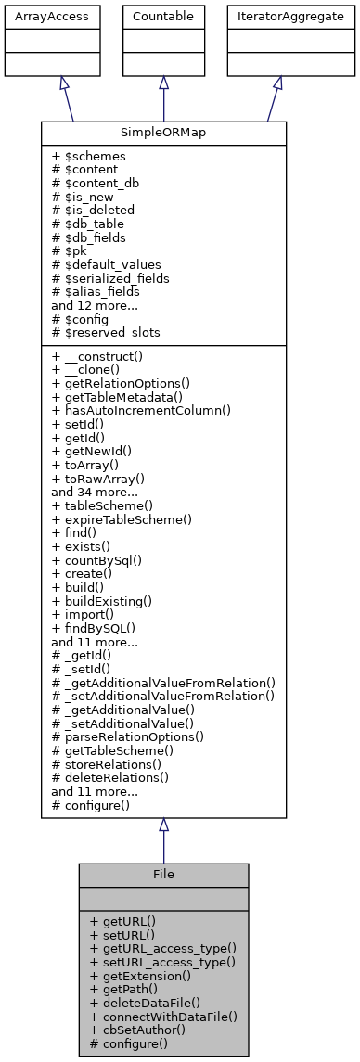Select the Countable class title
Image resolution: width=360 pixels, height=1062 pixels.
[x=163, y=17]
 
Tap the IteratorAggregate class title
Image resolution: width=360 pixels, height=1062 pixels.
[x=277, y=17]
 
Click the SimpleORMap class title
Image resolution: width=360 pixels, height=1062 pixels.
[x=163, y=134]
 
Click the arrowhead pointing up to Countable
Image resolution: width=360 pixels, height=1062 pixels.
[x=163, y=83]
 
